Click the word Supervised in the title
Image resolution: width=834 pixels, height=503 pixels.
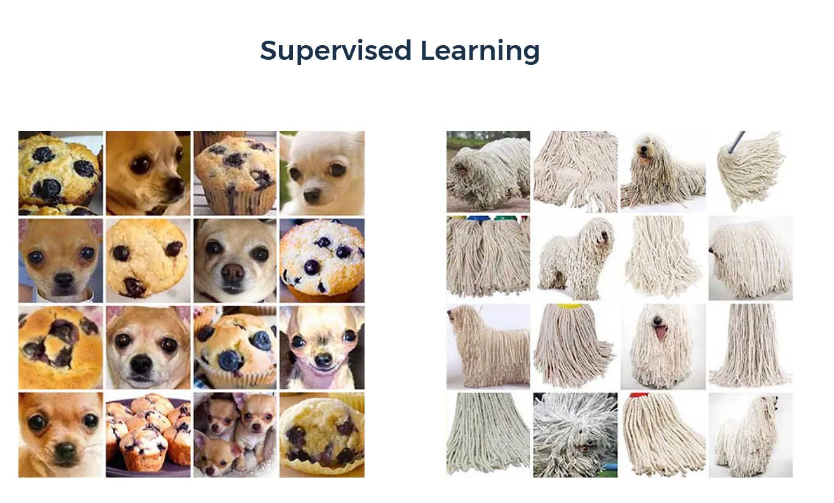point(335,51)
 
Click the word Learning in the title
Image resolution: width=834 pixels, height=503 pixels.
point(480,51)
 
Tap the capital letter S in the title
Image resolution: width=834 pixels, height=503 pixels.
point(271,50)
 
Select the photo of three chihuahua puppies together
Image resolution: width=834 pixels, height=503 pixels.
point(235,435)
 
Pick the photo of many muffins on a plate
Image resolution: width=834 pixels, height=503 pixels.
point(148,435)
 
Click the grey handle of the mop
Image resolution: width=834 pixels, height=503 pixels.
point(736,142)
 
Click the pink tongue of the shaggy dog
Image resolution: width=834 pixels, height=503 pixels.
point(661,332)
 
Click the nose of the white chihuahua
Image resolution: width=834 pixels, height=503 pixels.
point(312,194)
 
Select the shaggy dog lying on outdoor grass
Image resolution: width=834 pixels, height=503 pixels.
point(488,172)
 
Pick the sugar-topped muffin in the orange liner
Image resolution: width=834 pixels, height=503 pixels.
point(322,261)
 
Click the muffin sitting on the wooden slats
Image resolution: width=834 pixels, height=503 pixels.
point(235,173)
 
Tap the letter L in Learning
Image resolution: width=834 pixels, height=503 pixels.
point(429,50)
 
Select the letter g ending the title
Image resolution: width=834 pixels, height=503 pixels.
point(530,54)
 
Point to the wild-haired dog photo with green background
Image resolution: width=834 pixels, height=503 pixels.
point(575,435)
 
